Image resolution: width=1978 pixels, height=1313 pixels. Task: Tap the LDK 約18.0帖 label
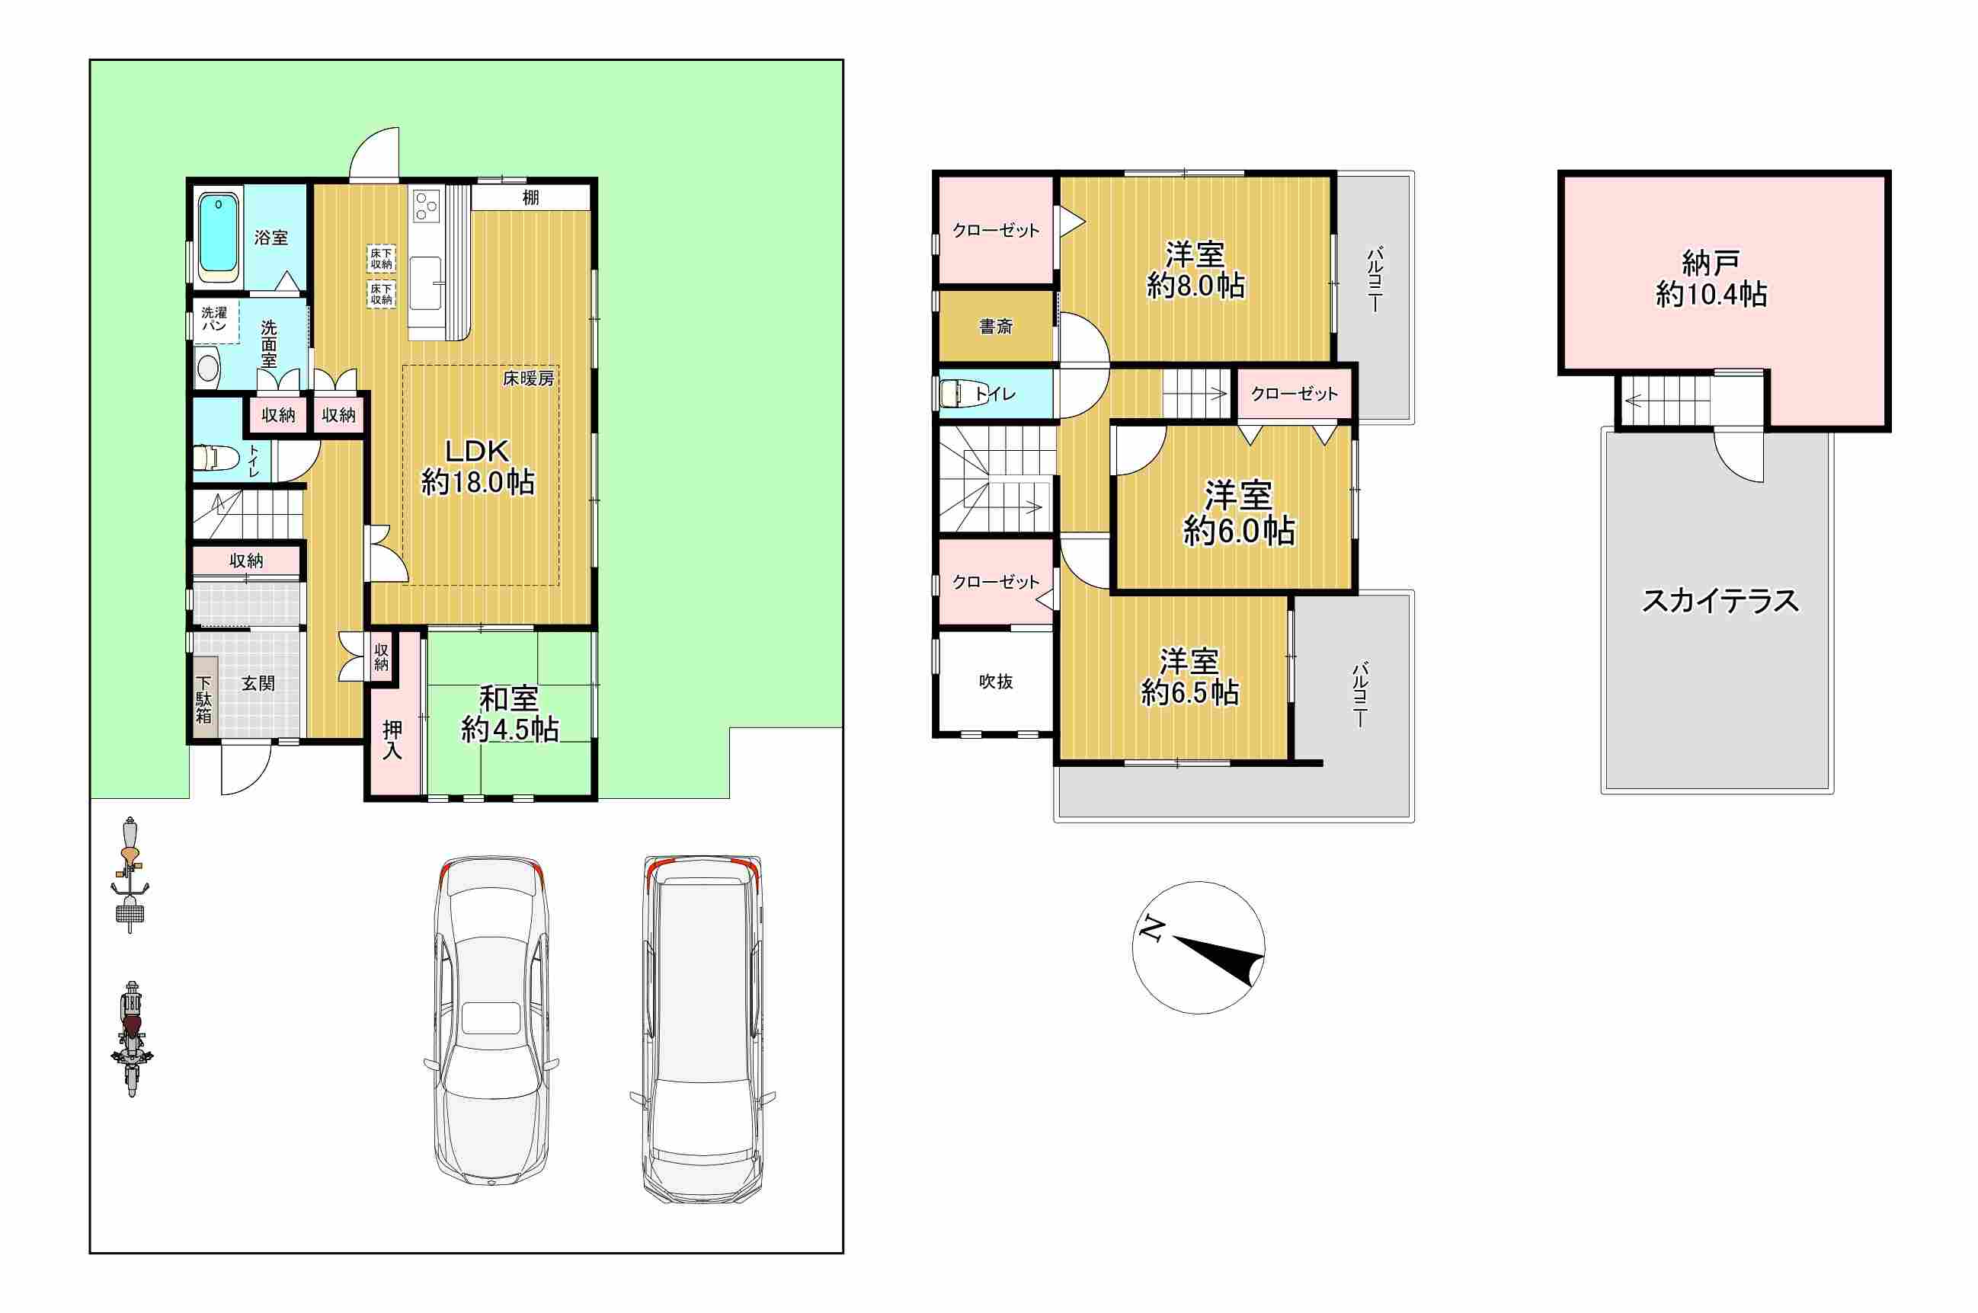click(478, 466)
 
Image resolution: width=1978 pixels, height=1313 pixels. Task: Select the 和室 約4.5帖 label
click(510, 714)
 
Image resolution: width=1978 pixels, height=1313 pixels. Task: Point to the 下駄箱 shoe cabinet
click(204, 697)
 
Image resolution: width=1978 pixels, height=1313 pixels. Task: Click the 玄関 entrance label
click(258, 683)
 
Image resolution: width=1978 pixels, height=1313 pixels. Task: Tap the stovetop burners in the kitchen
click(426, 205)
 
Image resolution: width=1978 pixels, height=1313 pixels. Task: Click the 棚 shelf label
click(530, 197)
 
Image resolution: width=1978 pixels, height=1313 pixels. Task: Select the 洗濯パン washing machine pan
click(214, 320)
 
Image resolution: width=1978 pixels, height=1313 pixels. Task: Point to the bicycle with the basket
click(130, 874)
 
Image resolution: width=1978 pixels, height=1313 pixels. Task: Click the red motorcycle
click(132, 1039)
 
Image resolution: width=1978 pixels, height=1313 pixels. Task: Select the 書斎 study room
click(996, 326)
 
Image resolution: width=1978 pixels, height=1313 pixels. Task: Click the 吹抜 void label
click(995, 682)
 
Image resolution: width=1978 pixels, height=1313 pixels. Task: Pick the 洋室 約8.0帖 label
click(1195, 270)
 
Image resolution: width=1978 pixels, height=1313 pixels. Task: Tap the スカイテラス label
click(1720, 600)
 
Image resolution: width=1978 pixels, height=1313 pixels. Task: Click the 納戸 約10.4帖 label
click(1711, 279)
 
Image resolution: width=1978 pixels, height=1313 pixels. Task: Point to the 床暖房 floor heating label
click(529, 379)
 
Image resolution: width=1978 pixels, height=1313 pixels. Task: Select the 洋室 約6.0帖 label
click(1238, 513)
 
